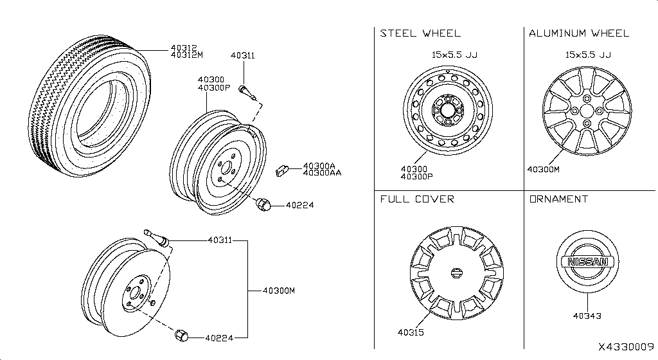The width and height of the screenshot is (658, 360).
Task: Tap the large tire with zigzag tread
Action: (90, 107)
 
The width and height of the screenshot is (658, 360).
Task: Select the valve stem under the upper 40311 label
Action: (248, 93)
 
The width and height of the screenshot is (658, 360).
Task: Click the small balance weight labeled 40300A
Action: (281, 170)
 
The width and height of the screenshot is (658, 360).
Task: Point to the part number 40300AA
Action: (322, 173)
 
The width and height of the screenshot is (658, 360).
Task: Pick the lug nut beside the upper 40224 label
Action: (262, 204)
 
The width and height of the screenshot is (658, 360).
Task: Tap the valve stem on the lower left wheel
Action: (156, 239)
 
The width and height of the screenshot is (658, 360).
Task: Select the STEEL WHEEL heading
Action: (420, 33)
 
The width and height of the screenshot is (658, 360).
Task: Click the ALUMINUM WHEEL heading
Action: (578, 33)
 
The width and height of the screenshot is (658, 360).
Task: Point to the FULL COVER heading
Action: (417, 199)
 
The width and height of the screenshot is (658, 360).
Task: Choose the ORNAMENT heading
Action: (558, 199)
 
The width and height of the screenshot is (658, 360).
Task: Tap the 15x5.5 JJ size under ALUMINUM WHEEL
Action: (587, 55)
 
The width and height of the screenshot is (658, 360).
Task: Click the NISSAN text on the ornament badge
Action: (587, 262)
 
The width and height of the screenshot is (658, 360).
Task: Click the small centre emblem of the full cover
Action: (456, 273)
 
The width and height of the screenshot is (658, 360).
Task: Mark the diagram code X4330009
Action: (625, 346)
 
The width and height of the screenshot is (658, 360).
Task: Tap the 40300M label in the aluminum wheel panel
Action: (543, 170)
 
